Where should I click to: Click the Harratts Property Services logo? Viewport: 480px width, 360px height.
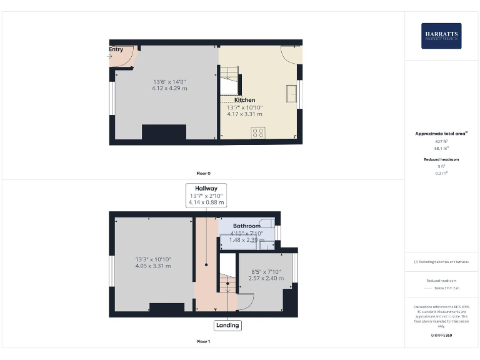[441, 36]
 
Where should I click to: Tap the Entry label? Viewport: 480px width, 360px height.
[116, 49]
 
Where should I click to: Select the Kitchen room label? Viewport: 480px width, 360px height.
[244, 100]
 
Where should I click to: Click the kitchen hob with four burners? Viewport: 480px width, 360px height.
[257, 132]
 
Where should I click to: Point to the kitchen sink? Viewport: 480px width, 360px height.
[291, 93]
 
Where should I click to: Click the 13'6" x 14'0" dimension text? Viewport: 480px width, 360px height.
[169, 82]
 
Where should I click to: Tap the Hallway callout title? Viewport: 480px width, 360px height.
[206, 188]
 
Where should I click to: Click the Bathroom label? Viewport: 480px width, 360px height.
[246, 226]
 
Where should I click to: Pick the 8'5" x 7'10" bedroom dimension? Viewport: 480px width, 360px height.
[266, 272]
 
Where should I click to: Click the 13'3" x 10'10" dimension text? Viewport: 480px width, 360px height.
[153, 259]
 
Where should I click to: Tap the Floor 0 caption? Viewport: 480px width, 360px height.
[204, 173]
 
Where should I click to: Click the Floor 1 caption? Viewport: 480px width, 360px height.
[204, 342]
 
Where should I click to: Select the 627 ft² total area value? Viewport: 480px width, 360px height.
[441, 142]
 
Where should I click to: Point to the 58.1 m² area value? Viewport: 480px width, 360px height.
[441, 148]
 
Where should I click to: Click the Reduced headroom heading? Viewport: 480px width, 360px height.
[441, 159]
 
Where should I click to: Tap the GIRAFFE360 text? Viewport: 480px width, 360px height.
[441, 336]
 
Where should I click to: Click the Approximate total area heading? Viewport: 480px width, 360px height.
[441, 134]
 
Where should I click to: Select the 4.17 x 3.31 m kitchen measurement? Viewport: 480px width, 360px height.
[244, 114]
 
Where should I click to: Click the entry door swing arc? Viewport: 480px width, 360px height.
[125, 58]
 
